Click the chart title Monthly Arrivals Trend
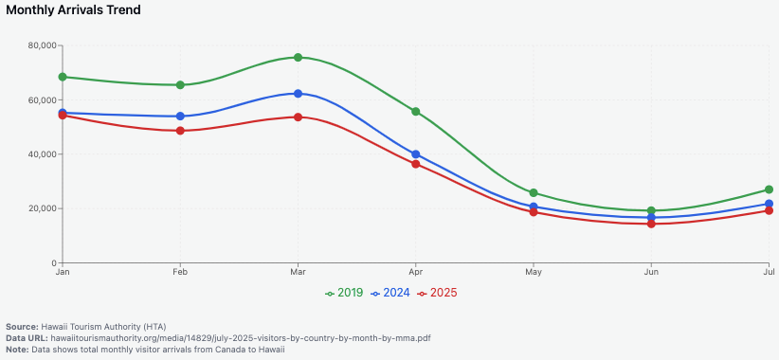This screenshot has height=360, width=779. click(74, 10)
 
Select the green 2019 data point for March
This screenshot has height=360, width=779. click(298, 58)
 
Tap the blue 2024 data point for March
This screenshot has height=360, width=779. click(298, 94)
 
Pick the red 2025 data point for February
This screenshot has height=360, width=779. click(180, 131)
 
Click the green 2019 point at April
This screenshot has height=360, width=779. click(415, 112)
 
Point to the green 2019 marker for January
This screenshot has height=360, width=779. click(63, 77)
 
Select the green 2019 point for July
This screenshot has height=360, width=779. click(769, 189)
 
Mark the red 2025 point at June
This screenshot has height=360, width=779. click(651, 224)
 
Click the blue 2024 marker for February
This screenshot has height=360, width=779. click(180, 117)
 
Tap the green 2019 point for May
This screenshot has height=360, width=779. click(534, 193)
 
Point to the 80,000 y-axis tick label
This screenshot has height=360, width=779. click(42, 45)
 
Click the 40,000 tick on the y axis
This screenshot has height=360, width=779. click(42, 154)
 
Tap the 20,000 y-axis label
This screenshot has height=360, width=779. click(42, 208)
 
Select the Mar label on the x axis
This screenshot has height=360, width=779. click(298, 272)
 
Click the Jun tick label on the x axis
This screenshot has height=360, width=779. click(651, 272)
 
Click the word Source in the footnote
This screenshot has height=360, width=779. click(22, 326)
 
